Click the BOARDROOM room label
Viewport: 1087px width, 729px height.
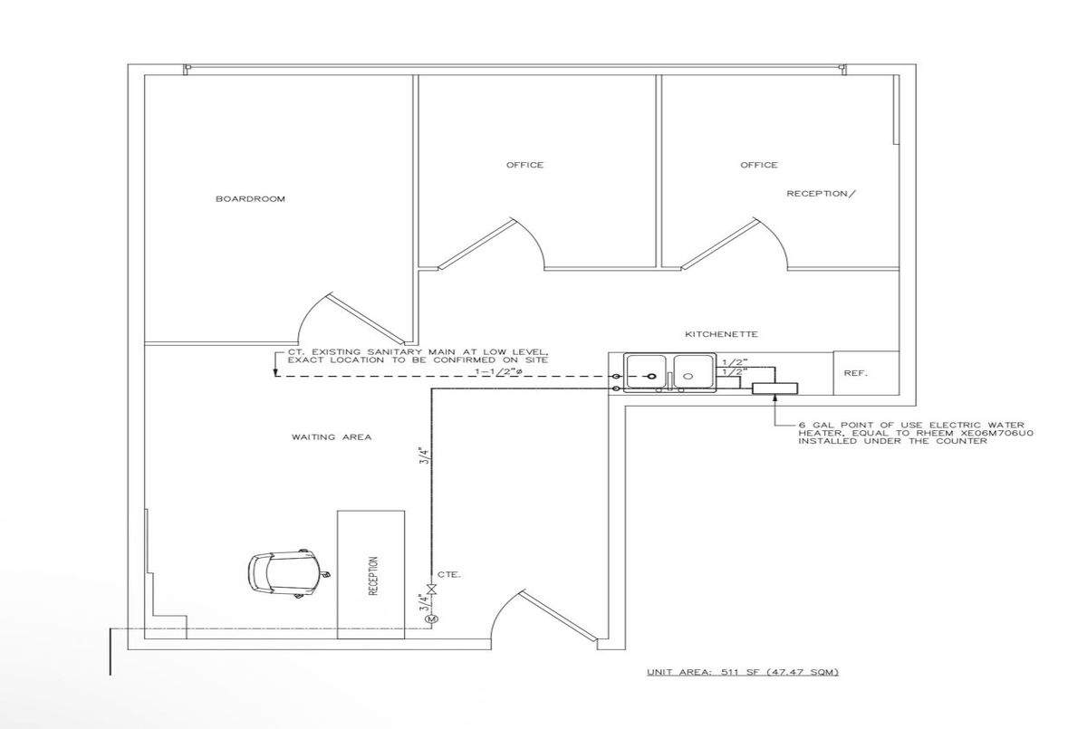pyautogui.click(x=250, y=199)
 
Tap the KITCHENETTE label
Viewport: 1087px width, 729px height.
pyautogui.click(x=721, y=334)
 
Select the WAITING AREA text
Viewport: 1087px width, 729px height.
pyautogui.click(x=332, y=437)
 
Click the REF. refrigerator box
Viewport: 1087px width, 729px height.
pyautogui.click(x=866, y=373)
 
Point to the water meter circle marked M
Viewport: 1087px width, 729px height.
pyautogui.click(x=431, y=619)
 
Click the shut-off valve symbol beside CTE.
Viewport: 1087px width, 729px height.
pyautogui.click(x=430, y=590)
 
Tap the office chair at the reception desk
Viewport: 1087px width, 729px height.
pyautogui.click(x=285, y=574)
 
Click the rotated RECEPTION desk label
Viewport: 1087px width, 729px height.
pyautogui.click(x=373, y=575)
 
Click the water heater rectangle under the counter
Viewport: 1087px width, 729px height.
pyautogui.click(x=774, y=388)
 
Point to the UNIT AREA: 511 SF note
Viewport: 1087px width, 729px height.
pyautogui.click(x=743, y=672)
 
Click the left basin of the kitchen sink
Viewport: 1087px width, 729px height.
pyautogui.click(x=646, y=371)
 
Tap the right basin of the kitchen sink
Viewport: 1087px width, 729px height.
pyautogui.click(x=692, y=371)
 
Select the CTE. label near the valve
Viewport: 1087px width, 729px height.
pyautogui.click(x=449, y=575)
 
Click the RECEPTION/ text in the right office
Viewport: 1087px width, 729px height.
pyautogui.click(x=821, y=194)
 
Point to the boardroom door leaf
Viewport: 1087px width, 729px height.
pyautogui.click(x=366, y=319)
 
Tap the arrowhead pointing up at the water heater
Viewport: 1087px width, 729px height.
pyautogui.click(x=774, y=398)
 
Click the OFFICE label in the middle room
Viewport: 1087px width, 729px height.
pyautogui.click(x=524, y=165)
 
